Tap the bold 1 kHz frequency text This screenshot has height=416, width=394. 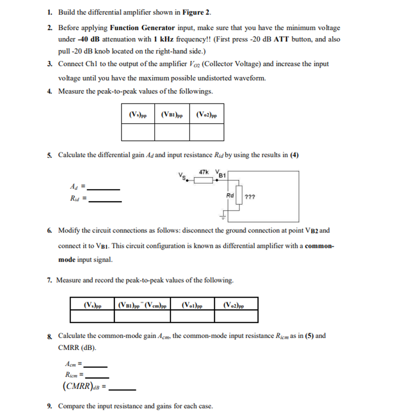pyautogui.click(x=166, y=39)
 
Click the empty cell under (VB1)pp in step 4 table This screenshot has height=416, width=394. pyautogui.click(x=172, y=132)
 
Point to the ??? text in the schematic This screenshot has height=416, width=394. pyautogui.click(x=250, y=197)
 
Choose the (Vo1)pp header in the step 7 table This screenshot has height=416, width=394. pyautogui.click(x=192, y=304)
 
